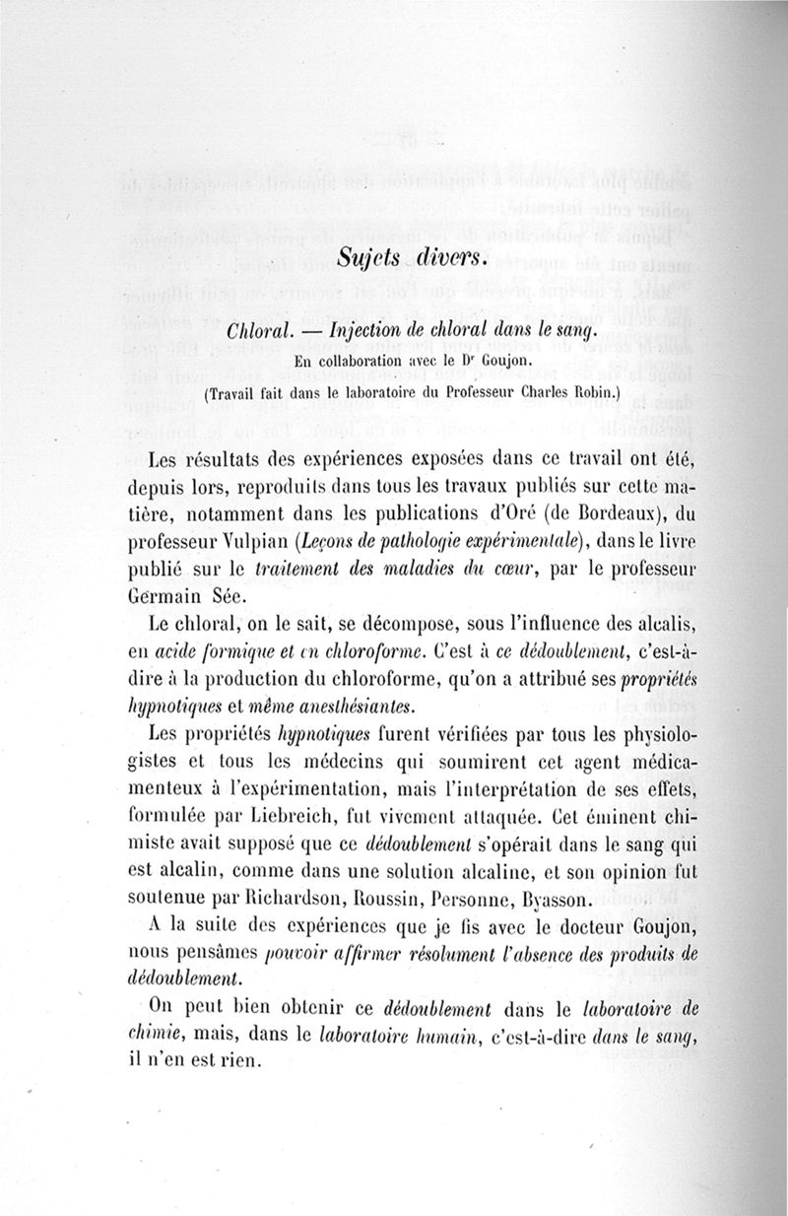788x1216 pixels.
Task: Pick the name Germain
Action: pos(168,594)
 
